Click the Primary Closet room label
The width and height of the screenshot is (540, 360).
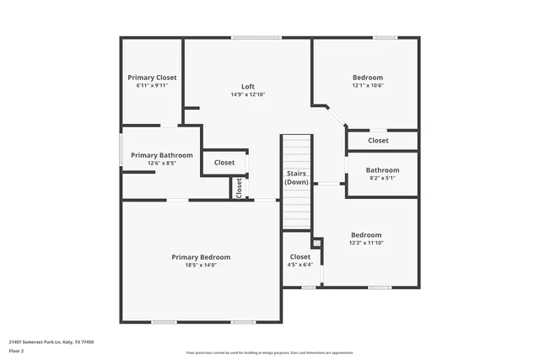pos(152,78)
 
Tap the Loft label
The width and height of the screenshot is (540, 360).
pos(248,86)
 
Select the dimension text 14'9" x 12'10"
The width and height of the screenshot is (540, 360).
pos(248,94)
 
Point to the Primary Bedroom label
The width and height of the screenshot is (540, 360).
pos(201,257)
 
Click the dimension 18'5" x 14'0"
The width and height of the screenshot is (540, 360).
pos(201,266)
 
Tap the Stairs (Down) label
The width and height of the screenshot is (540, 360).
pos(296,178)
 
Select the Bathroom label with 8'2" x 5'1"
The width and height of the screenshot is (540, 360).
pos(382,170)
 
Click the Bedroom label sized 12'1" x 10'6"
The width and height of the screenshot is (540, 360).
pos(367,78)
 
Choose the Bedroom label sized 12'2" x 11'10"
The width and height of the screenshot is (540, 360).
pos(366,235)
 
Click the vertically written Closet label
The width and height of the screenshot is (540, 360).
pos(239,187)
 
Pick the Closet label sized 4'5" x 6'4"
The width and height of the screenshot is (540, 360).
pos(300,257)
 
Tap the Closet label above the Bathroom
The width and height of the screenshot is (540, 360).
pos(378,141)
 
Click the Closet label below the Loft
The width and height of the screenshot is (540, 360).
pos(224,163)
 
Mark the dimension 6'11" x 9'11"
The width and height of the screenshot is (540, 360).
pos(152,86)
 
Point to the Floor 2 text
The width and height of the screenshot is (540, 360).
pos(17,351)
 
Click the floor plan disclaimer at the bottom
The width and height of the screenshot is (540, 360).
pos(270,352)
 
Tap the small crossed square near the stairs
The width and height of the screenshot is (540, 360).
pos(316,244)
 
